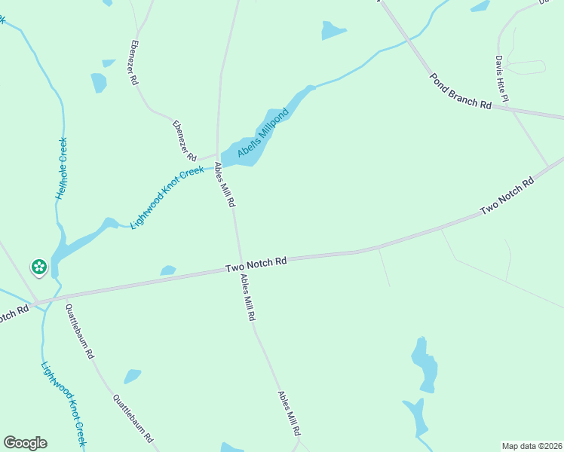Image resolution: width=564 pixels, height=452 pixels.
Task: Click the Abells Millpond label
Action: (x=263, y=133)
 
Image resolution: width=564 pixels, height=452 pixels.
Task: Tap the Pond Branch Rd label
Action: (x=460, y=91)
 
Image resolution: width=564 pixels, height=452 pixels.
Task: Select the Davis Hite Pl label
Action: (x=503, y=78)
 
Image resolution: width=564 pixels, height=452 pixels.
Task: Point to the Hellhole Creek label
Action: (x=61, y=168)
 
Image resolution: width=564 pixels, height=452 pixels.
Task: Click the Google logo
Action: (x=25, y=443)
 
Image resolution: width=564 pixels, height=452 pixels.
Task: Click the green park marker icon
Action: (x=38, y=266)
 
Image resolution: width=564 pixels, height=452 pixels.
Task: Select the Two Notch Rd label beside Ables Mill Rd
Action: (x=256, y=264)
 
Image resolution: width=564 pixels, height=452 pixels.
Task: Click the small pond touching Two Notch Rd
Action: (x=167, y=270)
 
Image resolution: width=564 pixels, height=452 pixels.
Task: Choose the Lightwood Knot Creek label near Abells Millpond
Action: (x=167, y=197)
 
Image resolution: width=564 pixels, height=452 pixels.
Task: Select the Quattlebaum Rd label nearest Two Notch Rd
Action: (x=79, y=331)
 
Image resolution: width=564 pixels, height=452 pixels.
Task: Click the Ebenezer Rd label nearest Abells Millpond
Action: (x=184, y=141)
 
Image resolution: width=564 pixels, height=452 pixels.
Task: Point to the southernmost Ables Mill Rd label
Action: (x=289, y=414)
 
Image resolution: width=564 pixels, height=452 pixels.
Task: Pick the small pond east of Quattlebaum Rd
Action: (x=132, y=375)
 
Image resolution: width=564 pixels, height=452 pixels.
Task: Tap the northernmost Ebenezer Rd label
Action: (x=135, y=62)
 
